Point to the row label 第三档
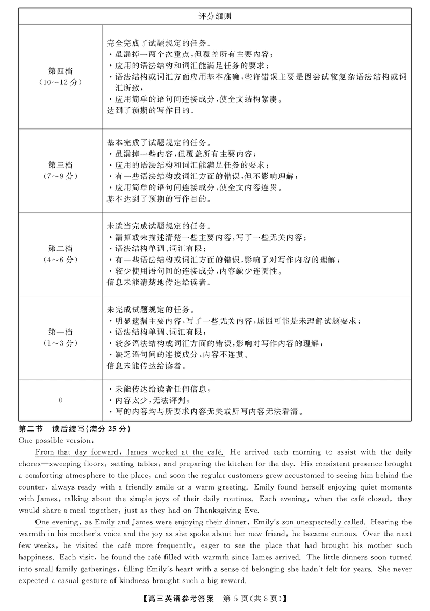coord(60,165)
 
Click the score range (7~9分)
coord(60,176)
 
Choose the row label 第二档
coord(60,248)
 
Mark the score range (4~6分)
coord(60,259)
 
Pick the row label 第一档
coord(60,332)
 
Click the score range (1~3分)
coord(60,342)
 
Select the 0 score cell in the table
coord(60,400)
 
